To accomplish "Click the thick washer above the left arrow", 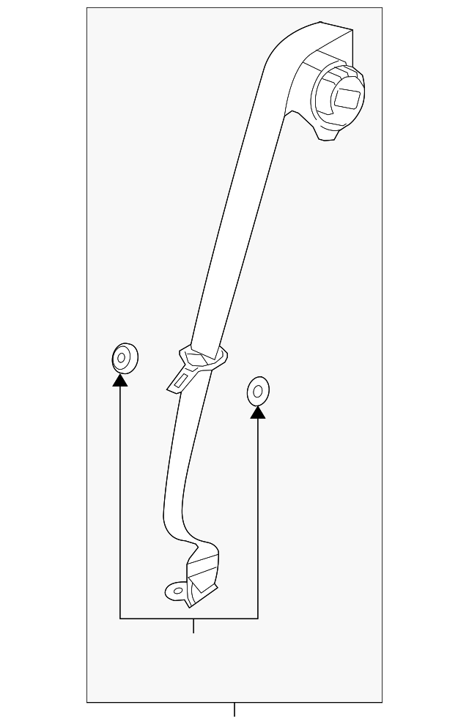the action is point(124,357).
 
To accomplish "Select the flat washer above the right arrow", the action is point(257,391).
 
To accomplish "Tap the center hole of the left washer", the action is point(121,359).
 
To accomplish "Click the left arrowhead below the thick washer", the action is point(120,379).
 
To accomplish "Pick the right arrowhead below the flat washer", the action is point(257,412).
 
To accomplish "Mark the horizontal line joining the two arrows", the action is point(189,619).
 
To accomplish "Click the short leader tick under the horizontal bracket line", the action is point(193,626).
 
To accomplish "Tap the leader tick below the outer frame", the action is point(234,709).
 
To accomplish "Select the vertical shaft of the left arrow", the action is point(120,498).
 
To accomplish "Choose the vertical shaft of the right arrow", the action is point(257,512).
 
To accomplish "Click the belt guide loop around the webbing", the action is point(205,359).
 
